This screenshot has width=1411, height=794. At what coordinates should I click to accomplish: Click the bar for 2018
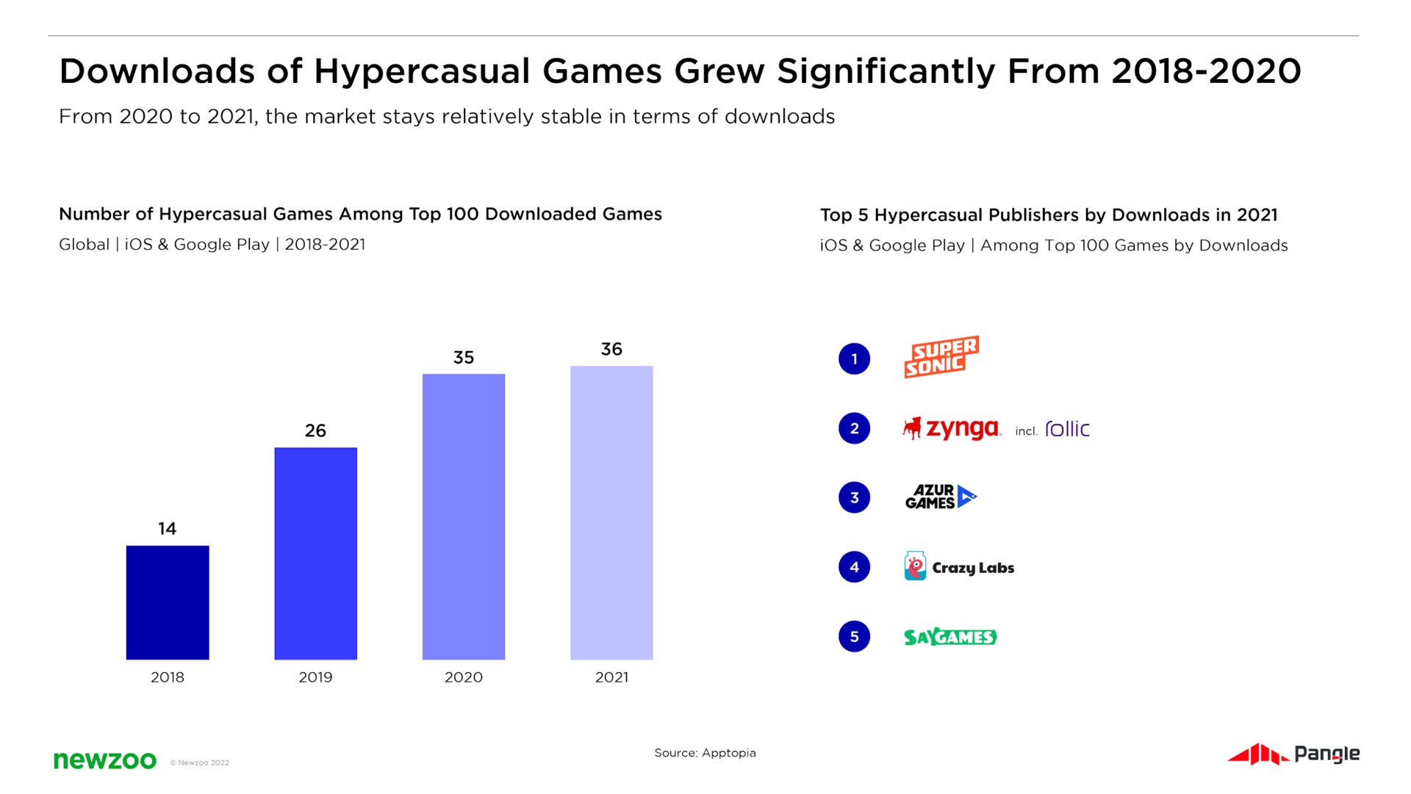168,602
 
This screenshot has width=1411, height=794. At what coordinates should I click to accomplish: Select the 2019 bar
315,553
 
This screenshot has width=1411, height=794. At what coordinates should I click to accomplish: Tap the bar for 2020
464,516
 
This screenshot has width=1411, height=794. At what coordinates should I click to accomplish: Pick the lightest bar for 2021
611,513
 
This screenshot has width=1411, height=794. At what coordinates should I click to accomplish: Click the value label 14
168,529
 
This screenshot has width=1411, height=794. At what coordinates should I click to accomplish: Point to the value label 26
315,430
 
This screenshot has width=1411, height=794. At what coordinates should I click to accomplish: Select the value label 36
611,349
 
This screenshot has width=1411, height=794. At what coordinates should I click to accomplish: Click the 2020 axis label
464,677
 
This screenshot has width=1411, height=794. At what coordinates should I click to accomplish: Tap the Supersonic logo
941,357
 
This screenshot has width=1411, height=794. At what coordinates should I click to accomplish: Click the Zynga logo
952,428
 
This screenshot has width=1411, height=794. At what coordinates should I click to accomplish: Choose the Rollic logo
1067,429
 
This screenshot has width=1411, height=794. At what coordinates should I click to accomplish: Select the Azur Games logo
941,497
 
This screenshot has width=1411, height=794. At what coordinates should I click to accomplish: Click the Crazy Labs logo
959,567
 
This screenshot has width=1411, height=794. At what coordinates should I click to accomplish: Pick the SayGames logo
950,637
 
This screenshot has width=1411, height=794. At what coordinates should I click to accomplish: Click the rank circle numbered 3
854,497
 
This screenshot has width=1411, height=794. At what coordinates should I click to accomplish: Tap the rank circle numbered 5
854,636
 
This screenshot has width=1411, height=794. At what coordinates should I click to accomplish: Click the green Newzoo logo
105,760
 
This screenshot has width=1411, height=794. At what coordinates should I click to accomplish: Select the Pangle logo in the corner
1293,754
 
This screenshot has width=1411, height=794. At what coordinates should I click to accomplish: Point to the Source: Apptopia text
705,753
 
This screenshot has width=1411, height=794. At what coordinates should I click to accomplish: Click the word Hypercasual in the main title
422,72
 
